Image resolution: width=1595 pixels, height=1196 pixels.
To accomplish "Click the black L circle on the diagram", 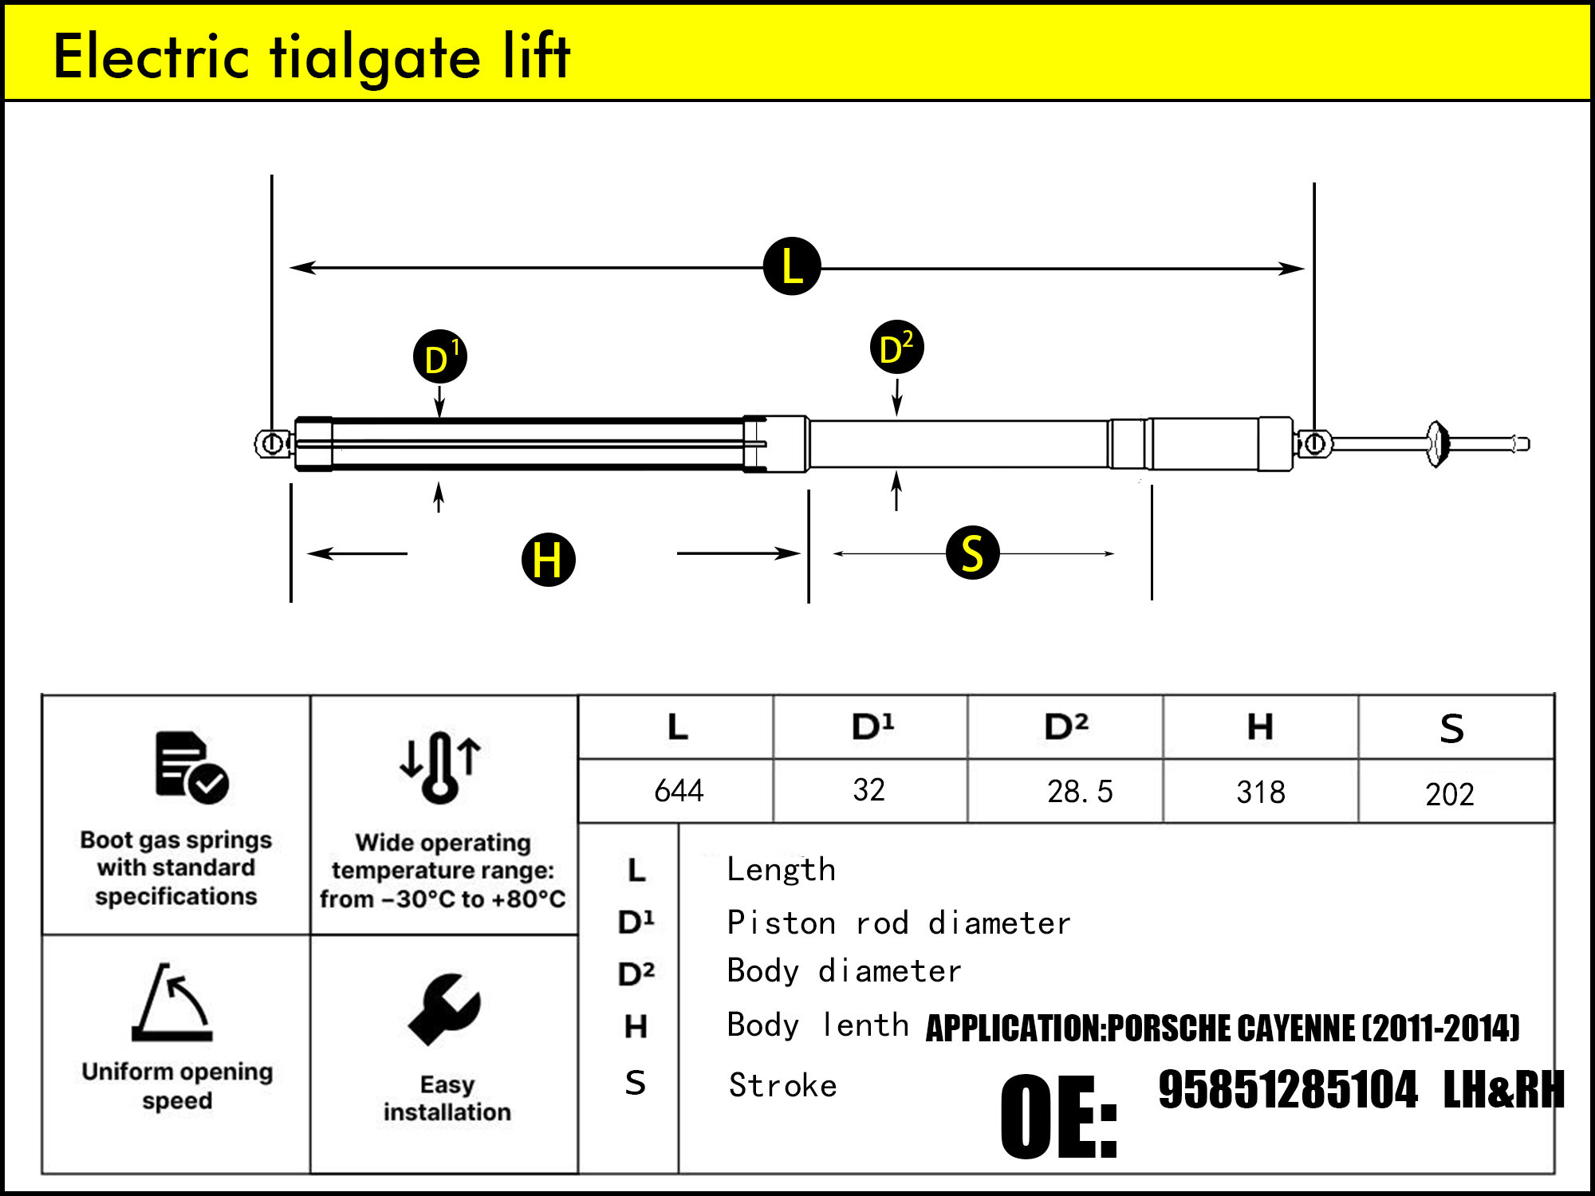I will pos(792,266).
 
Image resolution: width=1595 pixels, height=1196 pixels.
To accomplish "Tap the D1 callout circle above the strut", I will pos(440,356).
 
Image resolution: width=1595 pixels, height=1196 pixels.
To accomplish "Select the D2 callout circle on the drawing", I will pos(896,348).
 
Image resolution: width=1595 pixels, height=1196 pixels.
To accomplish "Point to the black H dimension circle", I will pos(548,559).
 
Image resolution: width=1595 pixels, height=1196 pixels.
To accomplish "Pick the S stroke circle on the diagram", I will pos(972,553).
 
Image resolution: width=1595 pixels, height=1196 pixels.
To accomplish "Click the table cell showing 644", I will pos(679,791).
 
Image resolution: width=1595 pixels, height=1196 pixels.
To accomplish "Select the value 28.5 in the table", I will pos(1079,792).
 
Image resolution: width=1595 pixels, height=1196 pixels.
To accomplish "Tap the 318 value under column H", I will pos(1260,793).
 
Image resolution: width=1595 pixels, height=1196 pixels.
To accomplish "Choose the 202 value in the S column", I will pos(1449,794).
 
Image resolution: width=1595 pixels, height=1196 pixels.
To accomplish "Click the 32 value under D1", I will pos(868,790).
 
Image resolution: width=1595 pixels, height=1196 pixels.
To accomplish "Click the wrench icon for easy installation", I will pos(444,1009).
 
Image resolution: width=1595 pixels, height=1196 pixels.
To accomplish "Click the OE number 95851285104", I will pos(1288,1090).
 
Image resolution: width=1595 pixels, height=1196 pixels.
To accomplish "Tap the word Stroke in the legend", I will pos(782,1086).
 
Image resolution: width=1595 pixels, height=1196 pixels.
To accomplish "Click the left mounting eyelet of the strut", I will pos(272,443).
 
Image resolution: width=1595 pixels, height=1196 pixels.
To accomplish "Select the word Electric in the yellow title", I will pos(152,57).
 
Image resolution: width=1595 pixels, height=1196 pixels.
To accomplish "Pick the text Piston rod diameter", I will pos(898,923).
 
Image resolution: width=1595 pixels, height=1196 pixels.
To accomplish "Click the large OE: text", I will pos(1059,1116).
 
